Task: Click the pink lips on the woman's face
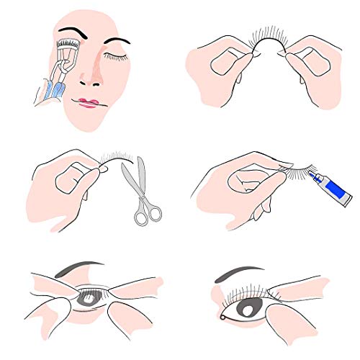[x=89, y=102]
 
